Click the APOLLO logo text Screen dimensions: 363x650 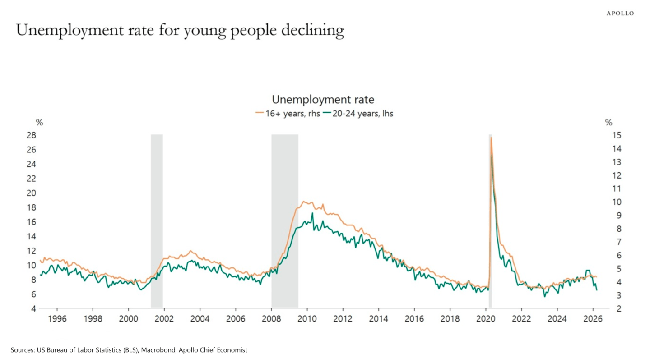click(x=620, y=14)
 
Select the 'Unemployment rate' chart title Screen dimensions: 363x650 click(x=323, y=99)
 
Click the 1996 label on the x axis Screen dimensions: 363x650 click(x=57, y=319)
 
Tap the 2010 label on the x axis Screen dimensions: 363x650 click(x=307, y=319)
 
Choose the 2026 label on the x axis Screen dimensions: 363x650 click(x=592, y=319)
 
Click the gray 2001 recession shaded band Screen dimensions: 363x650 click(x=157, y=216)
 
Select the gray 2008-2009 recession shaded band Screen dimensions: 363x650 click(x=284, y=216)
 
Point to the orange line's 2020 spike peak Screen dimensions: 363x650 click(x=491, y=138)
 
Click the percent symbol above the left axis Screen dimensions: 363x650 click(x=40, y=123)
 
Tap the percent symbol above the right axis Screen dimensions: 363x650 click(x=608, y=123)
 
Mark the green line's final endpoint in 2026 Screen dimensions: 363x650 click(x=597, y=290)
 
